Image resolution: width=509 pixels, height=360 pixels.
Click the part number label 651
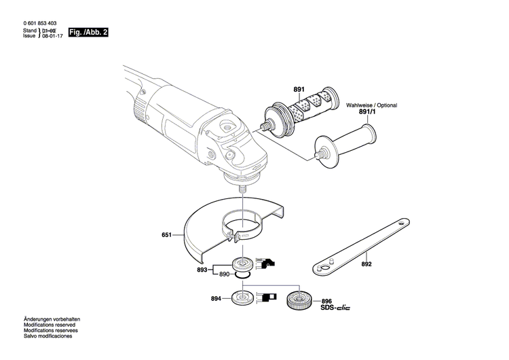click(166, 236)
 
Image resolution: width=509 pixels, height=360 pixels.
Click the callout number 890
click(225, 274)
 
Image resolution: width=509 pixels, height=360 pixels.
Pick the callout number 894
click(216, 298)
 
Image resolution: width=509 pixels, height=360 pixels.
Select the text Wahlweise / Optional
click(371, 106)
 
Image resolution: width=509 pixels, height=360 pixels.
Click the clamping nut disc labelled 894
click(242, 298)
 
